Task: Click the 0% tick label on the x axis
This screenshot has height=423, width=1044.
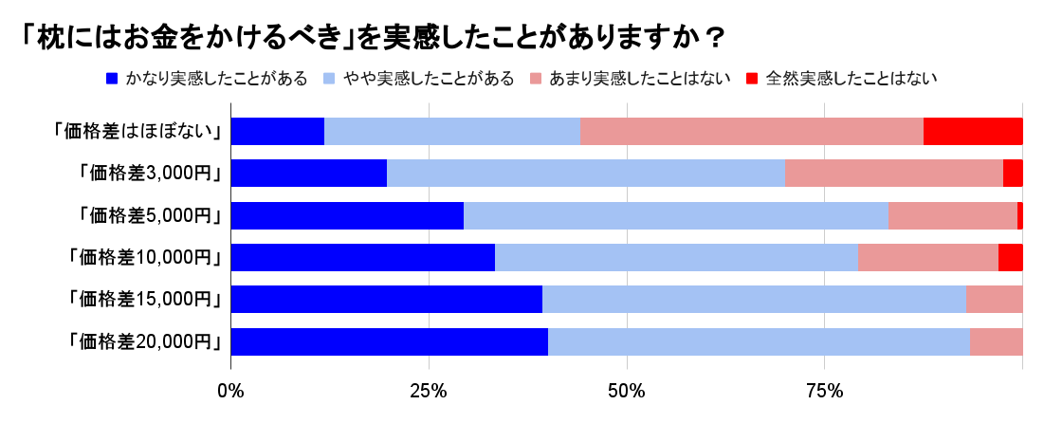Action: pyautogui.click(x=231, y=391)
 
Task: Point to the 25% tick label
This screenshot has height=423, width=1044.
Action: pyautogui.click(x=429, y=391)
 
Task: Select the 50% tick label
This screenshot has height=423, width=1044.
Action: pyautogui.click(x=627, y=391)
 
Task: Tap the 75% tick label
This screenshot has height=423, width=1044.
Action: pyautogui.click(x=825, y=391)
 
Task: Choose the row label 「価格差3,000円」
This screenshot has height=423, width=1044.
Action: pyautogui.click(x=150, y=174)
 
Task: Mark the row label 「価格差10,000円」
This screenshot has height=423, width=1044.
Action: pyautogui.click(x=145, y=257)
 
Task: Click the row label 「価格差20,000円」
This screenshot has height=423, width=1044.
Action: pyautogui.click(x=145, y=341)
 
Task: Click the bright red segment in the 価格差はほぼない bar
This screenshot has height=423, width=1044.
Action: pyautogui.click(x=973, y=132)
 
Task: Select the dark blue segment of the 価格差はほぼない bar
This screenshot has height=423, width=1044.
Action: pyautogui.click(x=278, y=132)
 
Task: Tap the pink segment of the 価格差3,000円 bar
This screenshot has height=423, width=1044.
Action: pyautogui.click(x=893, y=174)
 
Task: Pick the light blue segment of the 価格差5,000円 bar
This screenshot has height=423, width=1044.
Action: pyautogui.click(x=676, y=215)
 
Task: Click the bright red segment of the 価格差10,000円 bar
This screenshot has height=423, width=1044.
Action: pyautogui.click(x=1011, y=257)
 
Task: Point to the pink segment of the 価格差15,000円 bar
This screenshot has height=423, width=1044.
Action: pyautogui.click(x=995, y=300)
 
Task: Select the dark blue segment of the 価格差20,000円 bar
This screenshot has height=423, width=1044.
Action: pyautogui.click(x=390, y=341)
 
